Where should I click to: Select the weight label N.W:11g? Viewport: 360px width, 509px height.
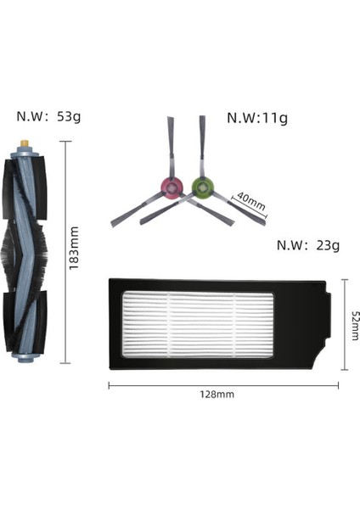point(256,118)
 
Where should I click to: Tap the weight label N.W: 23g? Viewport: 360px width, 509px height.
point(308,246)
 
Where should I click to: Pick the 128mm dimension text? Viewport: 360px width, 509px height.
point(217,394)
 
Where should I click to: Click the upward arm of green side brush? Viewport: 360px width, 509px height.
point(202,148)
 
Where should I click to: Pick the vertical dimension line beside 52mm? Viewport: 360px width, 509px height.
point(344,326)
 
